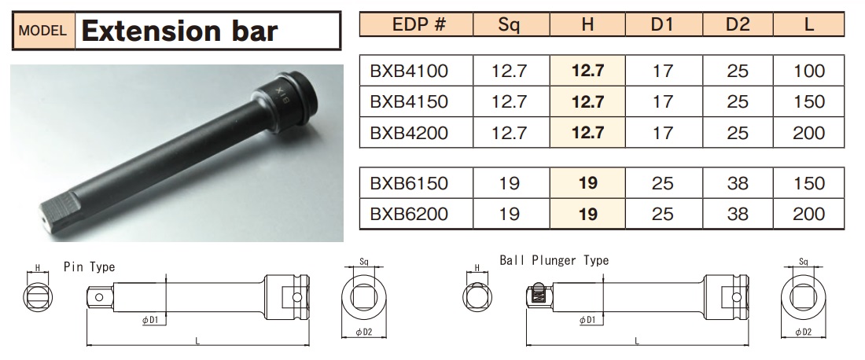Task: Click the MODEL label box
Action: [x=44, y=32]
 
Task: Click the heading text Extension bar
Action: [x=180, y=31]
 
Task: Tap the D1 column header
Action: [x=662, y=24]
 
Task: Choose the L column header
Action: [x=809, y=24]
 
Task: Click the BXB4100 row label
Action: [x=408, y=72]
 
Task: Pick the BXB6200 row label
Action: [x=408, y=214]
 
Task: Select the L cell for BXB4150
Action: [x=809, y=102]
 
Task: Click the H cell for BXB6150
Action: [x=587, y=184]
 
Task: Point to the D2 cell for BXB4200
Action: [x=737, y=133]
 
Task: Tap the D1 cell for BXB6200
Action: [x=662, y=214]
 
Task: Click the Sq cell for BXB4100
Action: [x=509, y=72]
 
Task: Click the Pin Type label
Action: [x=89, y=267]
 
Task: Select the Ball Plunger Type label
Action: [x=554, y=260]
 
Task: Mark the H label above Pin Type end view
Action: [x=37, y=268]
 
